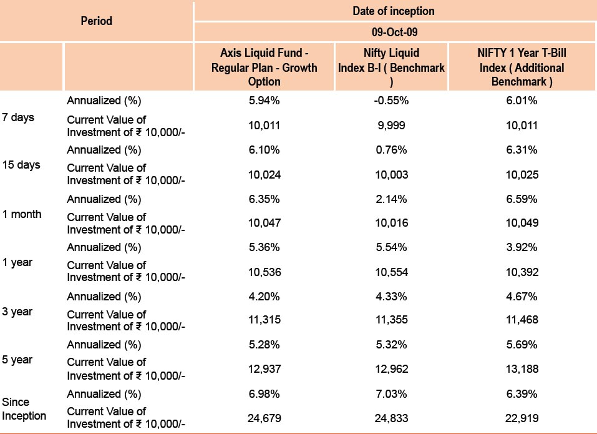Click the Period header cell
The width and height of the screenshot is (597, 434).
(96, 21)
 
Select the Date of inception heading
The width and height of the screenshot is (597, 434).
(393, 11)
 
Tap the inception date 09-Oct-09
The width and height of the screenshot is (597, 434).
(394, 32)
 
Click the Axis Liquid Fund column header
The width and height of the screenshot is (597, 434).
(265, 67)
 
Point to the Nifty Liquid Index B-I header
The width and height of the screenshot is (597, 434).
(391, 67)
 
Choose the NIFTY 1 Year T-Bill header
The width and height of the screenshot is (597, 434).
(522, 67)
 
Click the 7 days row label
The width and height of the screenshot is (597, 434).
(18, 117)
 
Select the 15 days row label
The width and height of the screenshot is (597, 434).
(21, 165)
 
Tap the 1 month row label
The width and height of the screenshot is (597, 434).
(22, 214)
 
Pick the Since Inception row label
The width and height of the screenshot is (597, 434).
(24, 409)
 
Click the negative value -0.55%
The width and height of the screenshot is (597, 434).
(391, 101)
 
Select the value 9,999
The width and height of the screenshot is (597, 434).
(391, 126)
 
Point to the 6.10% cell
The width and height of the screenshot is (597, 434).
(265, 150)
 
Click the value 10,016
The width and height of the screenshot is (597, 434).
(391, 223)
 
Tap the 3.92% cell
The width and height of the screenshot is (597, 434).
(522, 247)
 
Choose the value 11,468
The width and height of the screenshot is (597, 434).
(522, 320)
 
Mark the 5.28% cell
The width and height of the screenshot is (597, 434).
(265, 345)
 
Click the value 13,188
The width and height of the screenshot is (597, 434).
(522, 369)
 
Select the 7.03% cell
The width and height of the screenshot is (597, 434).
(391, 393)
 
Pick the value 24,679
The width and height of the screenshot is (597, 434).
(265, 418)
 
